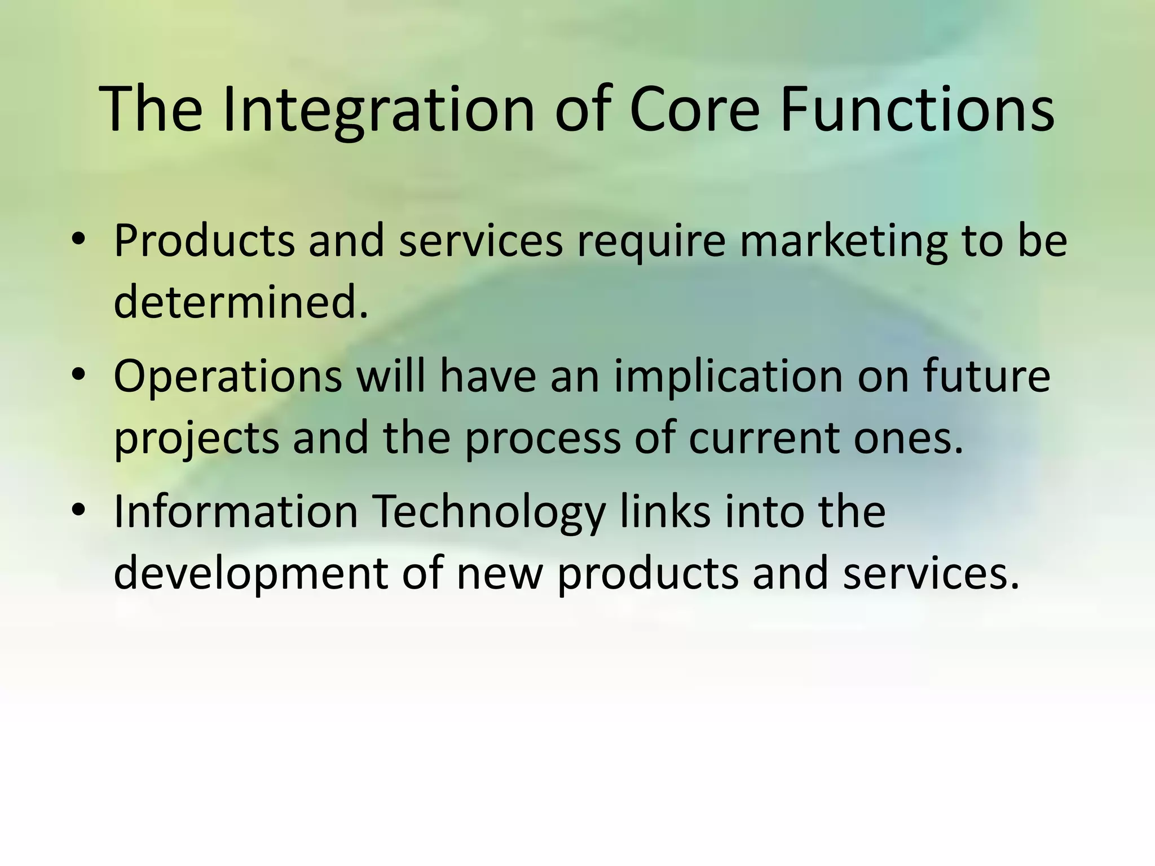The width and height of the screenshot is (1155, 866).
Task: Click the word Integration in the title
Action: pos(378,110)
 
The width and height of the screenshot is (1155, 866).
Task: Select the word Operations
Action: pos(228,376)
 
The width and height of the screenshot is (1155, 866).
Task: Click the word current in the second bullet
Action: pos(764,438)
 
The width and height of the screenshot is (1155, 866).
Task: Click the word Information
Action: pos(236,511)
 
